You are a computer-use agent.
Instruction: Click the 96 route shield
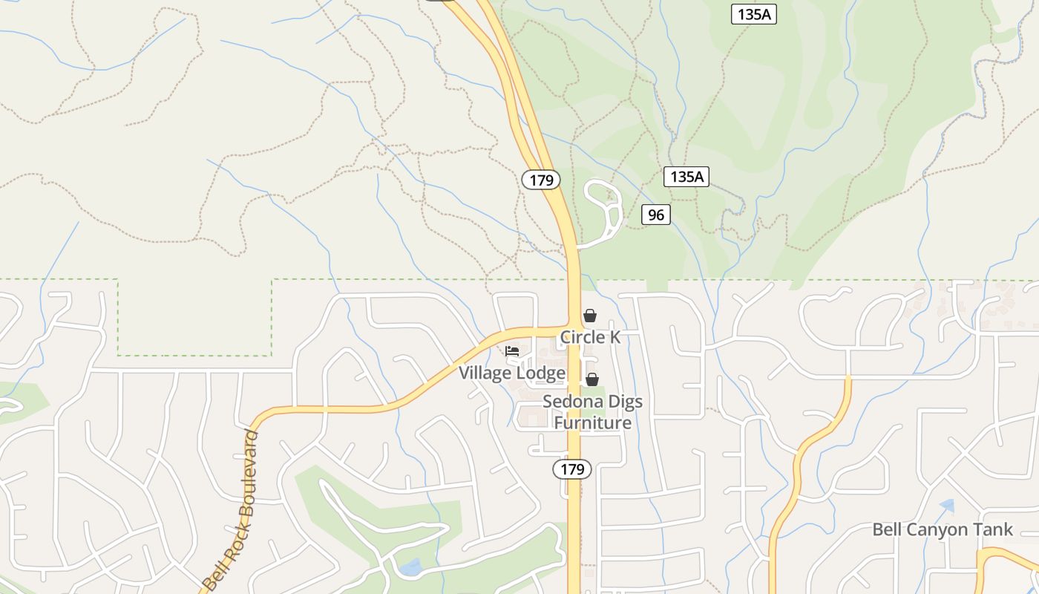point(656,215)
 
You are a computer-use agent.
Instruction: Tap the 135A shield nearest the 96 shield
point(686,177)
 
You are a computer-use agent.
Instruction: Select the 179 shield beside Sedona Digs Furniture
point(572,469)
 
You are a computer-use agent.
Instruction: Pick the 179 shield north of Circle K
point(541,180)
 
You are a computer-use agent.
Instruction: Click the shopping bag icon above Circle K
point(590,316)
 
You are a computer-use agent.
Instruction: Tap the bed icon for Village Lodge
point(512,351)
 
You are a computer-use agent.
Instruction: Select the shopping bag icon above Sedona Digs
point(592,380)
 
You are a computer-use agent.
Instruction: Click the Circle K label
point(590,337)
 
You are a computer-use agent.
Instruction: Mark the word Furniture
point(593,423)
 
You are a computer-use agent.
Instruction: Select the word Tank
point(993,529)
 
